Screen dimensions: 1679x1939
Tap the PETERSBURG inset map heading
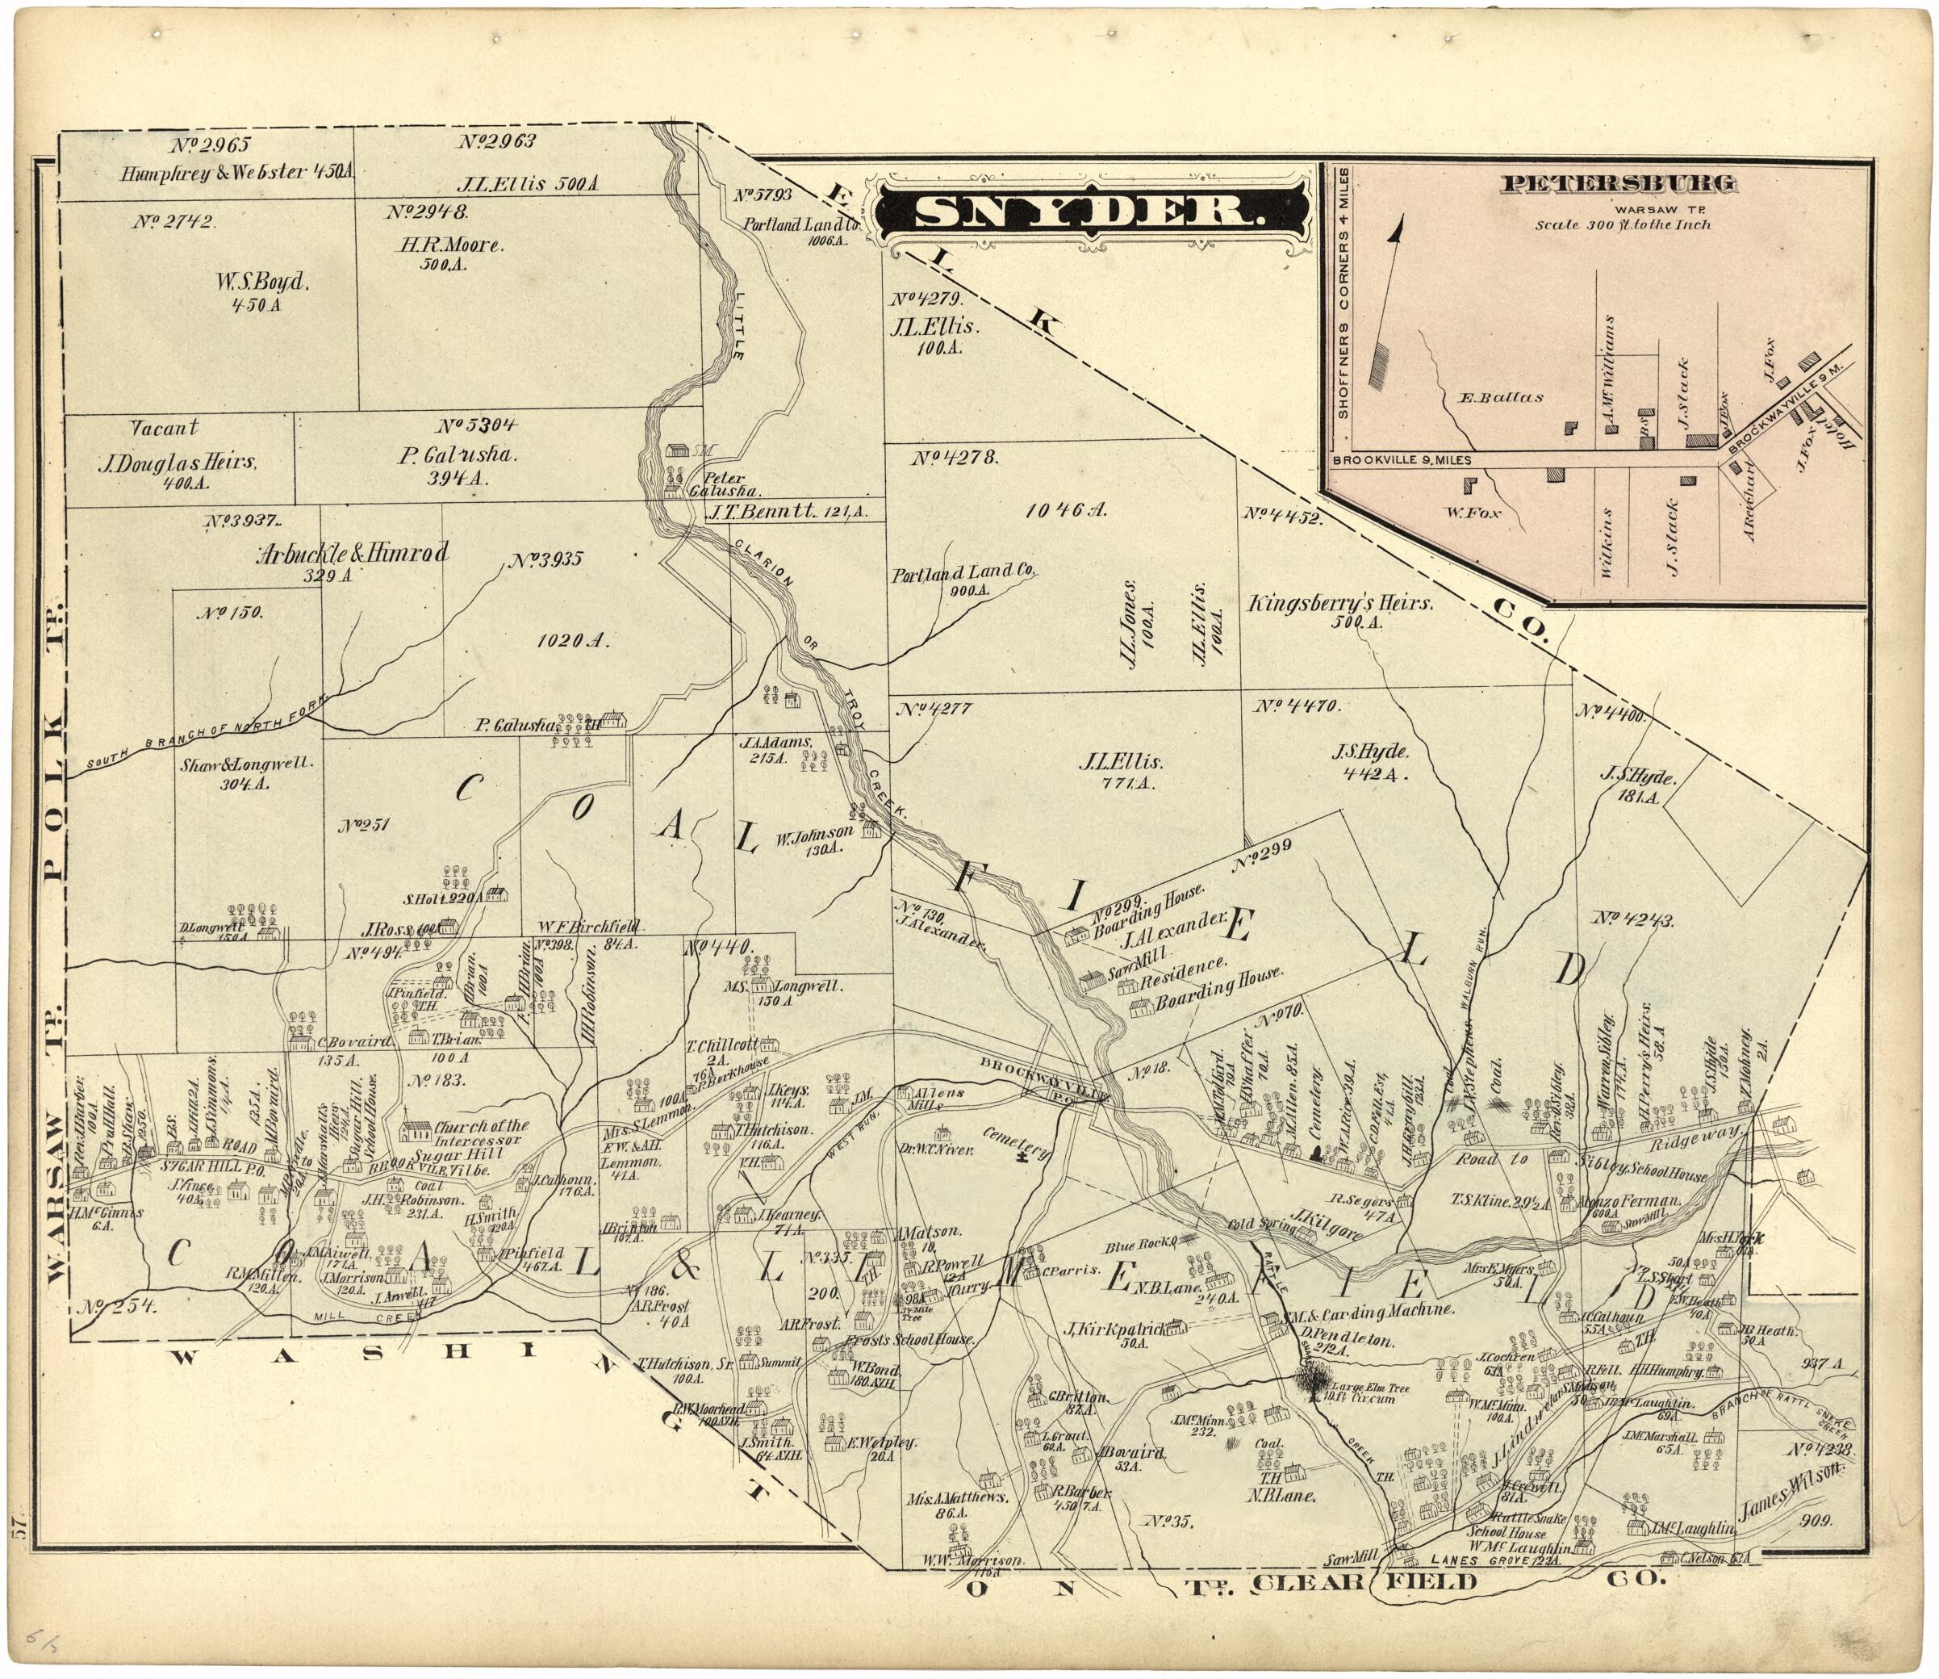pos(1618,184)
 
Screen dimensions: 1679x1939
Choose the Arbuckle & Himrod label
pos(353,553)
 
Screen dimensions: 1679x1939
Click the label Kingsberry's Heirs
pos(1339,605)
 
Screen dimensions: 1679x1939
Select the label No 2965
pos(211,144)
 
